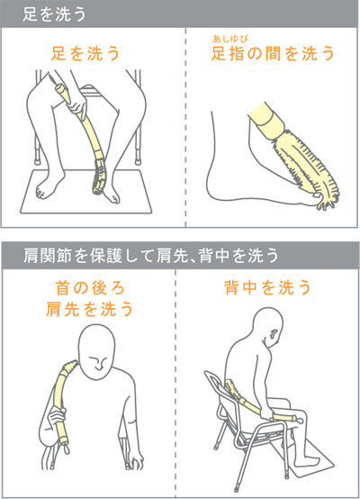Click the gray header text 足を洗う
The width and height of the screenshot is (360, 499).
[54, 14]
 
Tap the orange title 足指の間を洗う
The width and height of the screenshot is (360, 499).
[273, 53]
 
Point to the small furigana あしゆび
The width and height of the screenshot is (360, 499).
[230, 39]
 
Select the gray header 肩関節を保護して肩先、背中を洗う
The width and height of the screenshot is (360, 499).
[151, 256]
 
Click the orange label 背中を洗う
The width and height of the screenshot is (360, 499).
[267, 287]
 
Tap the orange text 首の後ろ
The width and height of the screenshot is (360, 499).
[90, 288]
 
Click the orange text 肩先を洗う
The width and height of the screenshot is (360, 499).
[89, 309]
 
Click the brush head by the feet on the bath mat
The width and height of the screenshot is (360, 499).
[99, 176]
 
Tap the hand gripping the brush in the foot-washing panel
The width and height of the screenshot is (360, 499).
[77, 106]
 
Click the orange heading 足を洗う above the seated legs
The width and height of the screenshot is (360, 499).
[85, 53]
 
